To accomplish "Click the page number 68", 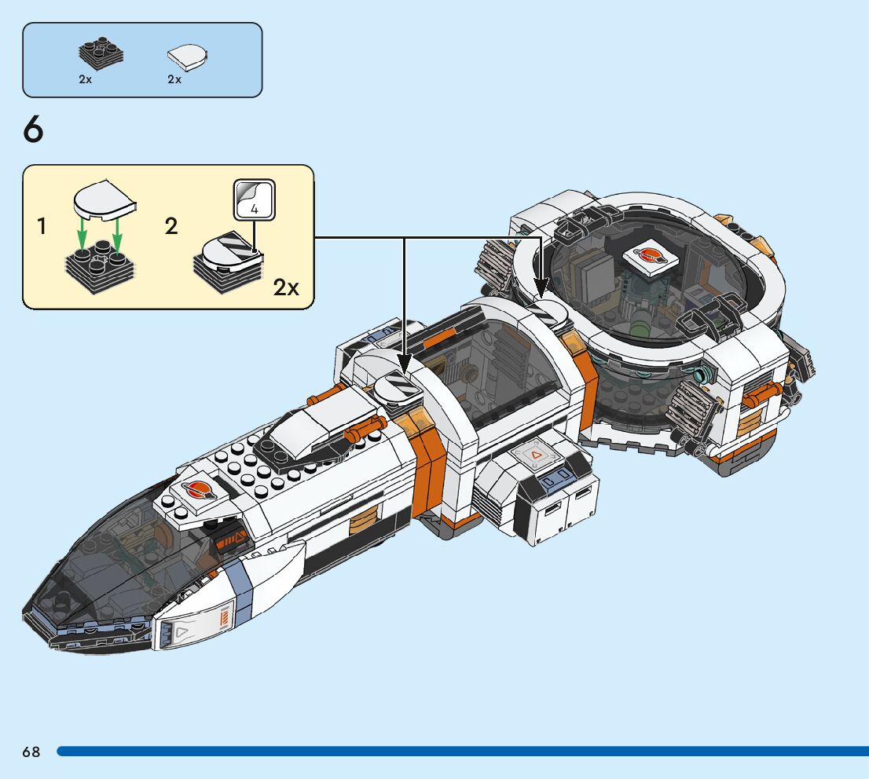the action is click(x=31, y=752).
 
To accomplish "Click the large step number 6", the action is click(x=34, y=130).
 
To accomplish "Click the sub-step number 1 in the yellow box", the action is click(x=41, y=228).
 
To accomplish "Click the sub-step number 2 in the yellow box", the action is click(x=171, y=228).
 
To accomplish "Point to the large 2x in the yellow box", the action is click(x=286, y=288).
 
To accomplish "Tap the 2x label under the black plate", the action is click(x=86, y=80).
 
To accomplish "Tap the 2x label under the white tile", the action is click(x=174, y=80).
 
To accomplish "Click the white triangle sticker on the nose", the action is click(x=182, y=631).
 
